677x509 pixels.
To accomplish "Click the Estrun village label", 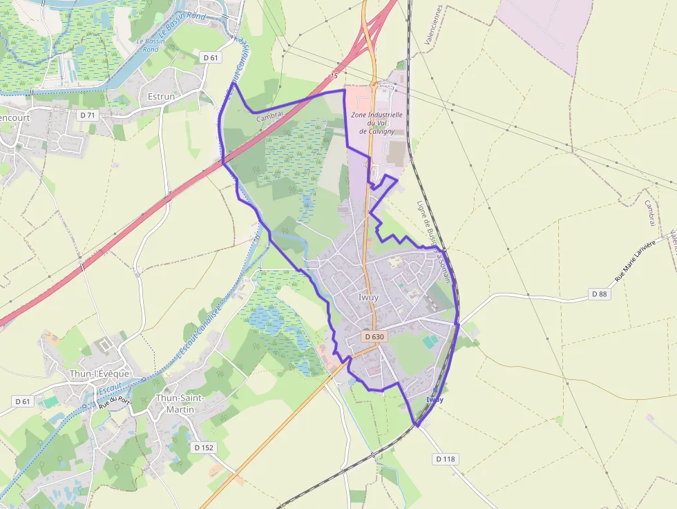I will [162, 97].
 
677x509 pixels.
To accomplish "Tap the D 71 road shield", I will [87, 115].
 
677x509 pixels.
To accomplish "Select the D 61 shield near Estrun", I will [210, 57].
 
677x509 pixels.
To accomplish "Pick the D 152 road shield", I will [204, 448].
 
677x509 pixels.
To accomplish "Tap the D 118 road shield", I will [446, 459].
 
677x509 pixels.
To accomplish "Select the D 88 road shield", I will [601, 294].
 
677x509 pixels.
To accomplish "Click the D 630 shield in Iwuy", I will [373, 337].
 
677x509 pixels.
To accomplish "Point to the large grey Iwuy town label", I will [369, 297].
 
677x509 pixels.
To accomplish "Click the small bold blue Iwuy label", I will [435, 400].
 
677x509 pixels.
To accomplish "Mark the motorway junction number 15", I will [334, 75].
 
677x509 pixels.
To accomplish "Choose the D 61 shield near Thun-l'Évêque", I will [23, 401].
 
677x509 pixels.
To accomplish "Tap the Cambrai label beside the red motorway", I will [269, 117].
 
